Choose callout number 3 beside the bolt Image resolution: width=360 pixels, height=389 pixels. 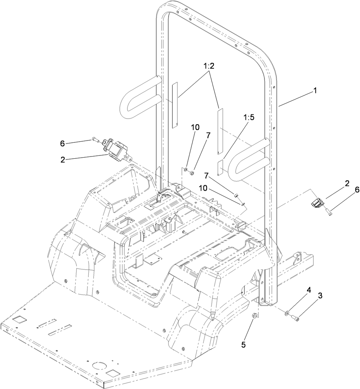pyautogui.click(x=320, y=296)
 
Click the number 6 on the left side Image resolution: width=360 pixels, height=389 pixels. pyautogui.click(x=62, y=144)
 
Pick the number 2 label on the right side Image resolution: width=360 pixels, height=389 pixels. pyautogui.click(x=347, y=183)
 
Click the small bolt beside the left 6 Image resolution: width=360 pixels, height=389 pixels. pyautogui.click(x=95, y=138)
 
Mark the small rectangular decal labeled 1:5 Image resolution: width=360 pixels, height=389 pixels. pyautogui.click(x=219, y=167)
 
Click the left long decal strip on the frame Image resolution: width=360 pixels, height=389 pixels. pyautogui.click(x=174, y=105)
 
